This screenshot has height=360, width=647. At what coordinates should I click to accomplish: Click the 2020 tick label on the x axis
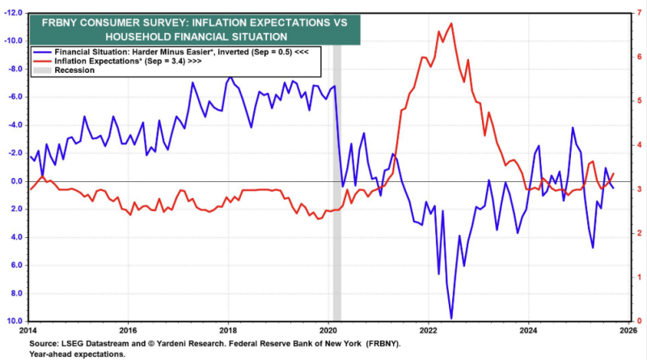[x=328, y=330]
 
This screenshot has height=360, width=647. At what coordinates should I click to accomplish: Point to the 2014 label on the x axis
[x=28, y=330]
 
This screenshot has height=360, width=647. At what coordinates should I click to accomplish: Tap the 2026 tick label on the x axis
[x=628, y=330]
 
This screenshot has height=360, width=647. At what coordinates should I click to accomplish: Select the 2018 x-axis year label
[x=228, y=330]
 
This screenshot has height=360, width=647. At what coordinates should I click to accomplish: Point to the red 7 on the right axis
[x=638, y=13]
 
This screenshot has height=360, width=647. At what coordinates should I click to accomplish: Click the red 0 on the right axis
[x=638, y=321]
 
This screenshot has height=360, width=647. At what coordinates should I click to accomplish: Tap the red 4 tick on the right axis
[x=638, y=145]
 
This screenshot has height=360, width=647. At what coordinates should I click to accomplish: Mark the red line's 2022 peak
[x=450, y=23]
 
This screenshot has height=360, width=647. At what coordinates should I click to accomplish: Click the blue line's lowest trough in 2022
[x=451, y=318]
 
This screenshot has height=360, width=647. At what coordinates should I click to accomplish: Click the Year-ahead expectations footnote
[x=76, y=354]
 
